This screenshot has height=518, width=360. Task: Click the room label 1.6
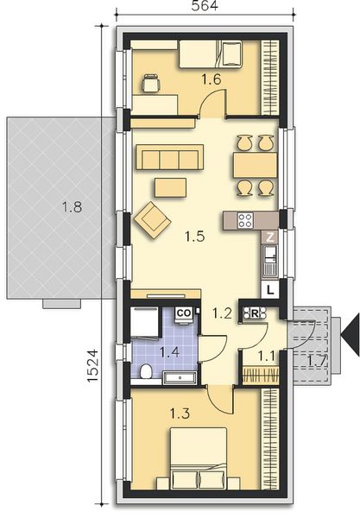(212, 79)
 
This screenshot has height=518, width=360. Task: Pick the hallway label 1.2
(222, 314)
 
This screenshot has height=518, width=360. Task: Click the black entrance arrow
(349, 332)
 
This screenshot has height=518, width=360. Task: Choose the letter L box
(270, 289)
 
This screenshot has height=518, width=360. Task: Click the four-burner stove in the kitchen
(245, 219)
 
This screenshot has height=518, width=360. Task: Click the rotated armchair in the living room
(153, 218)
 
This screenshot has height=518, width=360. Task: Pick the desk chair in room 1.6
(151, 84)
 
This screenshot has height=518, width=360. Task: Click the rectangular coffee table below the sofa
(169, 186)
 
